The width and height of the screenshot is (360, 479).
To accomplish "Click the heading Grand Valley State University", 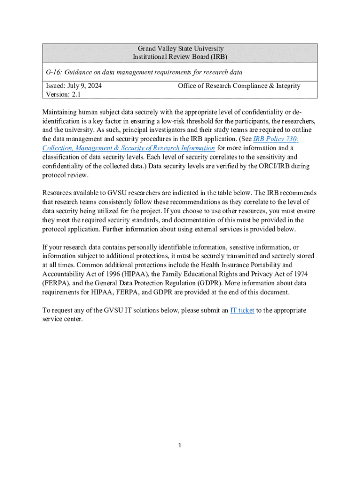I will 180,49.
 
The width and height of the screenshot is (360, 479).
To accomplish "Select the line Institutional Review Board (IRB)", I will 180,57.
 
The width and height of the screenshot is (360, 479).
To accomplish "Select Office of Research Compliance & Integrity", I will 239,86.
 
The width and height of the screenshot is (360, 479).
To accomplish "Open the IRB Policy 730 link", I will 275,139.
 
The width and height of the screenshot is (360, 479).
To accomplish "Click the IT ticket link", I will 242,310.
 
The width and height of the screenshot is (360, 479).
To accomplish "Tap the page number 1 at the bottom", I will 180,446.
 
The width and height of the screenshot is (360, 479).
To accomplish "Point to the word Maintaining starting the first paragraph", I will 61,112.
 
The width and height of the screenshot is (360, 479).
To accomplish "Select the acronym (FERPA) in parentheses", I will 57,283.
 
